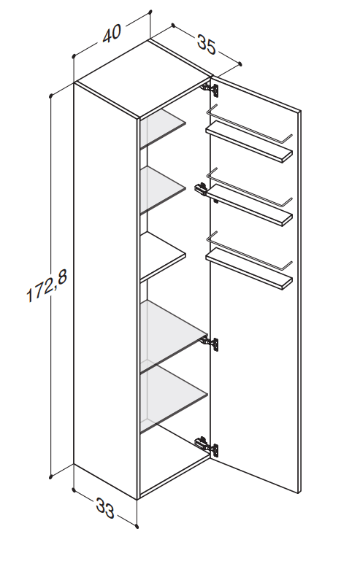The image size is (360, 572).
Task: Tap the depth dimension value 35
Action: pyautogui.click(x=207, y=45)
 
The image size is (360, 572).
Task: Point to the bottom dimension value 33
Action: pyautogui.click(x=105, y=508)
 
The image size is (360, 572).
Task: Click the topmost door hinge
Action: pyautogui.click(x=211, y=89)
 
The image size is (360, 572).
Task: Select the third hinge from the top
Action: pyautogui.click(x=211, y=343)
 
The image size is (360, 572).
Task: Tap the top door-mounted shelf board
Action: pyautogui.click(x=249, y=142)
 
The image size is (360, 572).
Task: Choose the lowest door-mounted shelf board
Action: pyautogui.click(x=249, y=269)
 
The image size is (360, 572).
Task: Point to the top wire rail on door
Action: pyautogui.click(x=249, y=124)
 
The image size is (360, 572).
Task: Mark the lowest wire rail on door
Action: pyautogui.click(x=249, y=251)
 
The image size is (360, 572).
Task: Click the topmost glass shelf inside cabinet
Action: pyautogui.click(x=163, y=128)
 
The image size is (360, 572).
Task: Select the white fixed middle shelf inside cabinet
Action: pyautogui.click(x=163, y=257)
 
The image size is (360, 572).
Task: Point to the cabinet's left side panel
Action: pyautogui.click(x=105, y=290)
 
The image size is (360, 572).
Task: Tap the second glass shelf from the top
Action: pyautogui.click(x=163, y=190)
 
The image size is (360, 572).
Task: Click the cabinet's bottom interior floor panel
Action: pyautogui.click(x=175, y=474)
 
